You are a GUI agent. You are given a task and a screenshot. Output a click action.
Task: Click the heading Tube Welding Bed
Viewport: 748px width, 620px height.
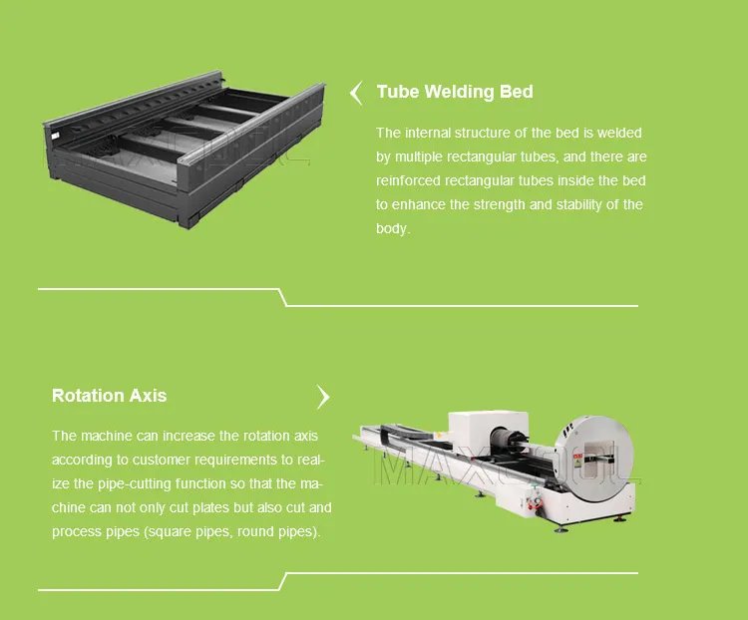pos(455,92)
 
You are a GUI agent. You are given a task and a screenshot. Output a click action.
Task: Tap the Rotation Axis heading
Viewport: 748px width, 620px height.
pos(110,396)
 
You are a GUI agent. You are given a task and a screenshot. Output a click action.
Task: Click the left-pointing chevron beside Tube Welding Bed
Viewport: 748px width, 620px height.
pos(356,93)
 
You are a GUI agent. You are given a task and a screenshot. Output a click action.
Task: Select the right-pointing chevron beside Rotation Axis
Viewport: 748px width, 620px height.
pos(322,397)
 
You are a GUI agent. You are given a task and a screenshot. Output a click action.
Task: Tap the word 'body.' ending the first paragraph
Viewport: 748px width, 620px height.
pos(392,228)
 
